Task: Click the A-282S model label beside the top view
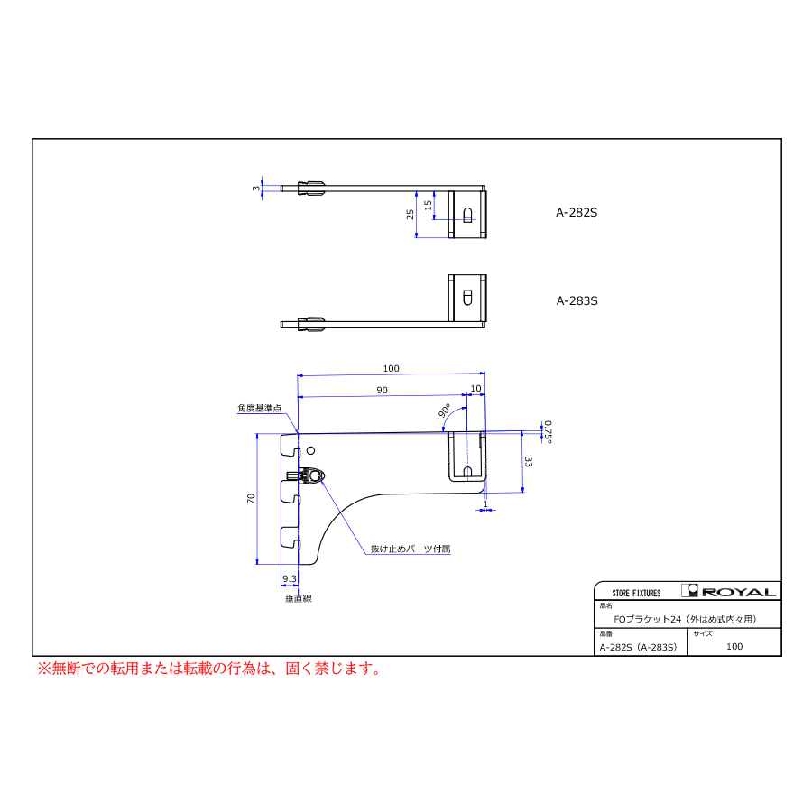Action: coord(577,212)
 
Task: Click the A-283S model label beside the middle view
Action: coord(577,300)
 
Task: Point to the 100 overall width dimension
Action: coord(391,368)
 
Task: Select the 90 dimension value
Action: coord(383,390)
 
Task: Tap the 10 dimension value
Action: coord(475,388)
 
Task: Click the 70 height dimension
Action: coord(251,499)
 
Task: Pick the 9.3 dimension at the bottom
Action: coord(290,578)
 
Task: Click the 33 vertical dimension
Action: coord(528,461)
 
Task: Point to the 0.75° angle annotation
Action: coord(548,432)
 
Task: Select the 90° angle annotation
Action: coord(444,411)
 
